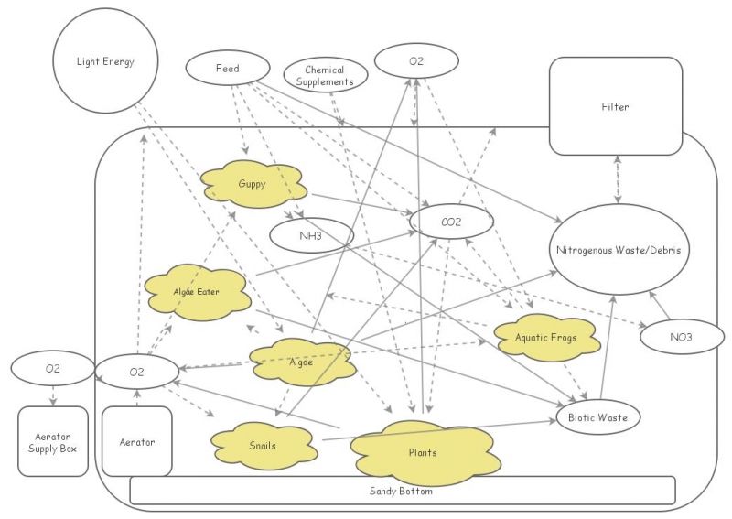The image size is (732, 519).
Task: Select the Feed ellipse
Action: pyautogui.click(x=227, y=69)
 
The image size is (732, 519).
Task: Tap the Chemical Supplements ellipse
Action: pyautogui.click(x=325, y=76)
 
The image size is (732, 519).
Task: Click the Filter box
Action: pyautogui.click(x=615, y=106)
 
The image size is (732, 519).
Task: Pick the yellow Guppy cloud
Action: pyautogui.click(x=252, y=184)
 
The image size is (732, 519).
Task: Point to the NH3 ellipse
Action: pyautogui.click(x=311, y=235)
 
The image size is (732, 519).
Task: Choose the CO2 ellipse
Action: pyautogui.click(x=451, y=222)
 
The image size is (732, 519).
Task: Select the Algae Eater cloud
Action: pyautogui.click(x=197, y=292)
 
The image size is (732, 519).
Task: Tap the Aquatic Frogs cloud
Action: pyautogui.click(x=545, y=337)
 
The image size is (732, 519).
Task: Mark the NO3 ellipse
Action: pyautogui.click(x=680, y=337)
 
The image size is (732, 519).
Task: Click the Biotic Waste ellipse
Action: pyautogui.click(x=597, y=417)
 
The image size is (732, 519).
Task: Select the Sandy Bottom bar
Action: pyautogui.click(x=402, y=491)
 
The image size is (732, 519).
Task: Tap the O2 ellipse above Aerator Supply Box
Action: pyautogui.click(x=53, y=369)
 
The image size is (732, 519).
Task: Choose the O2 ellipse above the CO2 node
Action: pyautogui.click(x=416, y=61)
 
